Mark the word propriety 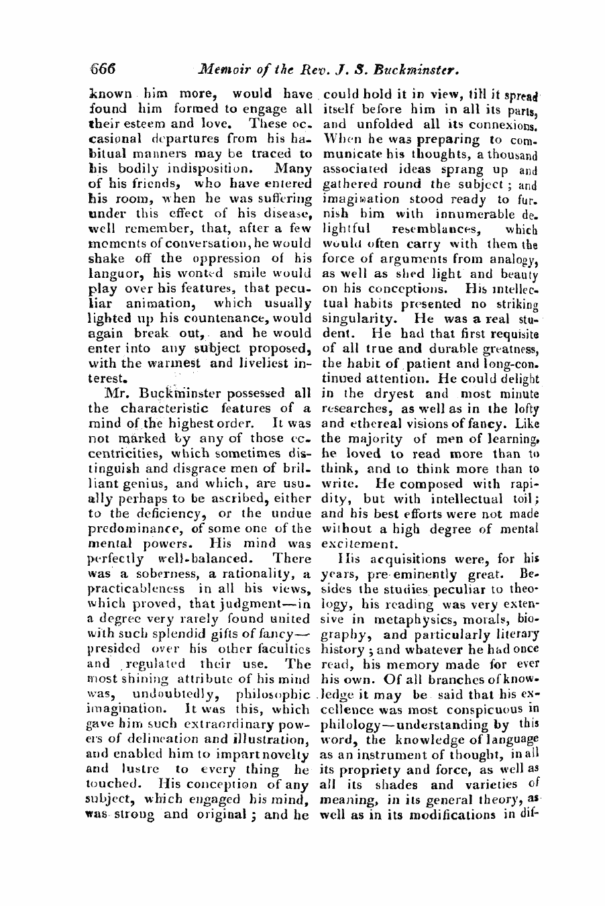pos(366,769)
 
